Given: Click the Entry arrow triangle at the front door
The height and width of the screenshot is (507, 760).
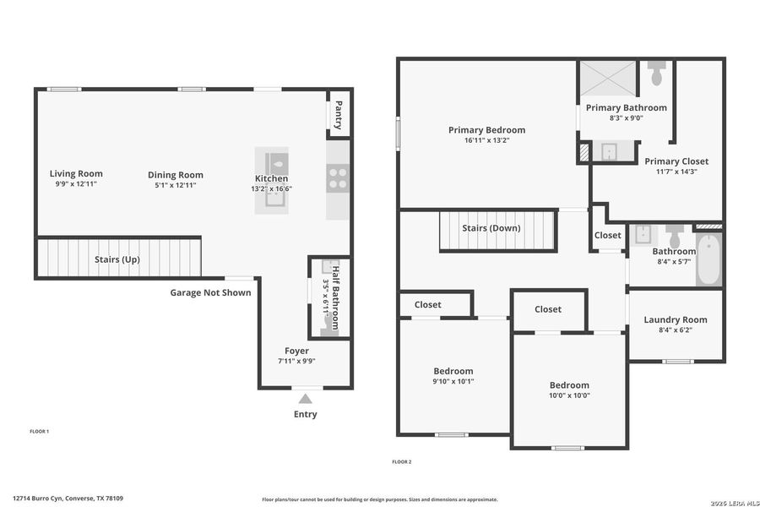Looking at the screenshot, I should tap(306, 398).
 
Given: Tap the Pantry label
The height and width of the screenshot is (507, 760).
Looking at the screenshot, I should tap(339, 114).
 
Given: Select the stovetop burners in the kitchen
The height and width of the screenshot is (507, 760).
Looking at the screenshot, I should tap(338, 177).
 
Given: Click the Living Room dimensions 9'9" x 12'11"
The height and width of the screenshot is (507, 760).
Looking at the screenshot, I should tap(76, 184).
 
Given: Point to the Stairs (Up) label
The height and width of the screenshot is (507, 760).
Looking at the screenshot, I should tap(118, 259).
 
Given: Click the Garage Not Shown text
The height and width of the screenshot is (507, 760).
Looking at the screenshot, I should tap(210, 292).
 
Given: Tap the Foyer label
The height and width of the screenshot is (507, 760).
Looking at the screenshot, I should tap(296, 351).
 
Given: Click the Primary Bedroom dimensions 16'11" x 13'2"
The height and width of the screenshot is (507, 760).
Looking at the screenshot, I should tap(486, 140).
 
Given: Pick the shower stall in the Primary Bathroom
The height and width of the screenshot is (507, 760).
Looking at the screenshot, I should tap(606, 80).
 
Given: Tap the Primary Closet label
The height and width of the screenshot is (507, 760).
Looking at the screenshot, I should tap(676, 161).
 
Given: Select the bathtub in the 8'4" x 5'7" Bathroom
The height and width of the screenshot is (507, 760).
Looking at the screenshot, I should tap(709, 259).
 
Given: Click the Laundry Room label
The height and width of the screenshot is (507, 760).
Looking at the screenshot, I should tap(676, 319).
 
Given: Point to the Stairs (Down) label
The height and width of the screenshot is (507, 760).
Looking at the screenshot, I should tap(491, 228).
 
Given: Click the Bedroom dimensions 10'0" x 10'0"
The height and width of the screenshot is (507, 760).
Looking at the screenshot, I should tap(568, 395).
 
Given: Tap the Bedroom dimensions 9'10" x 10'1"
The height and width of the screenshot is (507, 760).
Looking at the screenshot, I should tap(453, 381).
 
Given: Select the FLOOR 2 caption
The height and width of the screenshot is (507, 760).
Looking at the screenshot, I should tap(402, 461).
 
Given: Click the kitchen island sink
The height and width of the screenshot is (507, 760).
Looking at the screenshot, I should tap(274, 199).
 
